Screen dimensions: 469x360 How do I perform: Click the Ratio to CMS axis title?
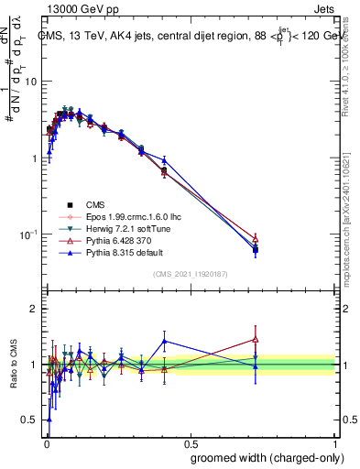click(13, 365)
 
